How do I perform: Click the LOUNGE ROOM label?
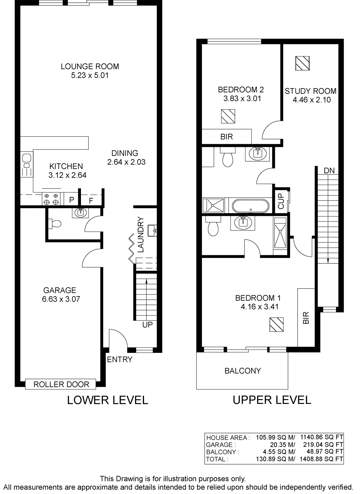pyautogui.click(x=90, y=66)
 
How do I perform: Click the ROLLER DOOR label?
pyautogui.click(x=61, y=384)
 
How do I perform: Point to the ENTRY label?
pyautogui.click(x=120, y=359)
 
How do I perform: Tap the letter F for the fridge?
pyautogui.click(x=91, y=200)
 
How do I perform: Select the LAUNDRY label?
pyautogui.click(x=140, y=234)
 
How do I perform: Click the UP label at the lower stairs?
pyautogui.click(x=148, y=325)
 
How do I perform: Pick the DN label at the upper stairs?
pyautogui.click(x=329, y=171)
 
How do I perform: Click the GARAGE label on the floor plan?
pyautogui.click(x=60, y=290)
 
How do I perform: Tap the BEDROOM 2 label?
pyautogui.click(x=241, y=89)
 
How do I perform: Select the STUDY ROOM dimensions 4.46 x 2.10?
pyautogui.click(x=312, y=100)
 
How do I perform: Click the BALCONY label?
pyautogui.click(x=243, y=371)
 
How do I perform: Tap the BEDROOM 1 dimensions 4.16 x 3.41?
pyautogui.click(x=259, y=307)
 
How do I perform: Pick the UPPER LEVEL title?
pyautogui.click(x=272, y=400)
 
